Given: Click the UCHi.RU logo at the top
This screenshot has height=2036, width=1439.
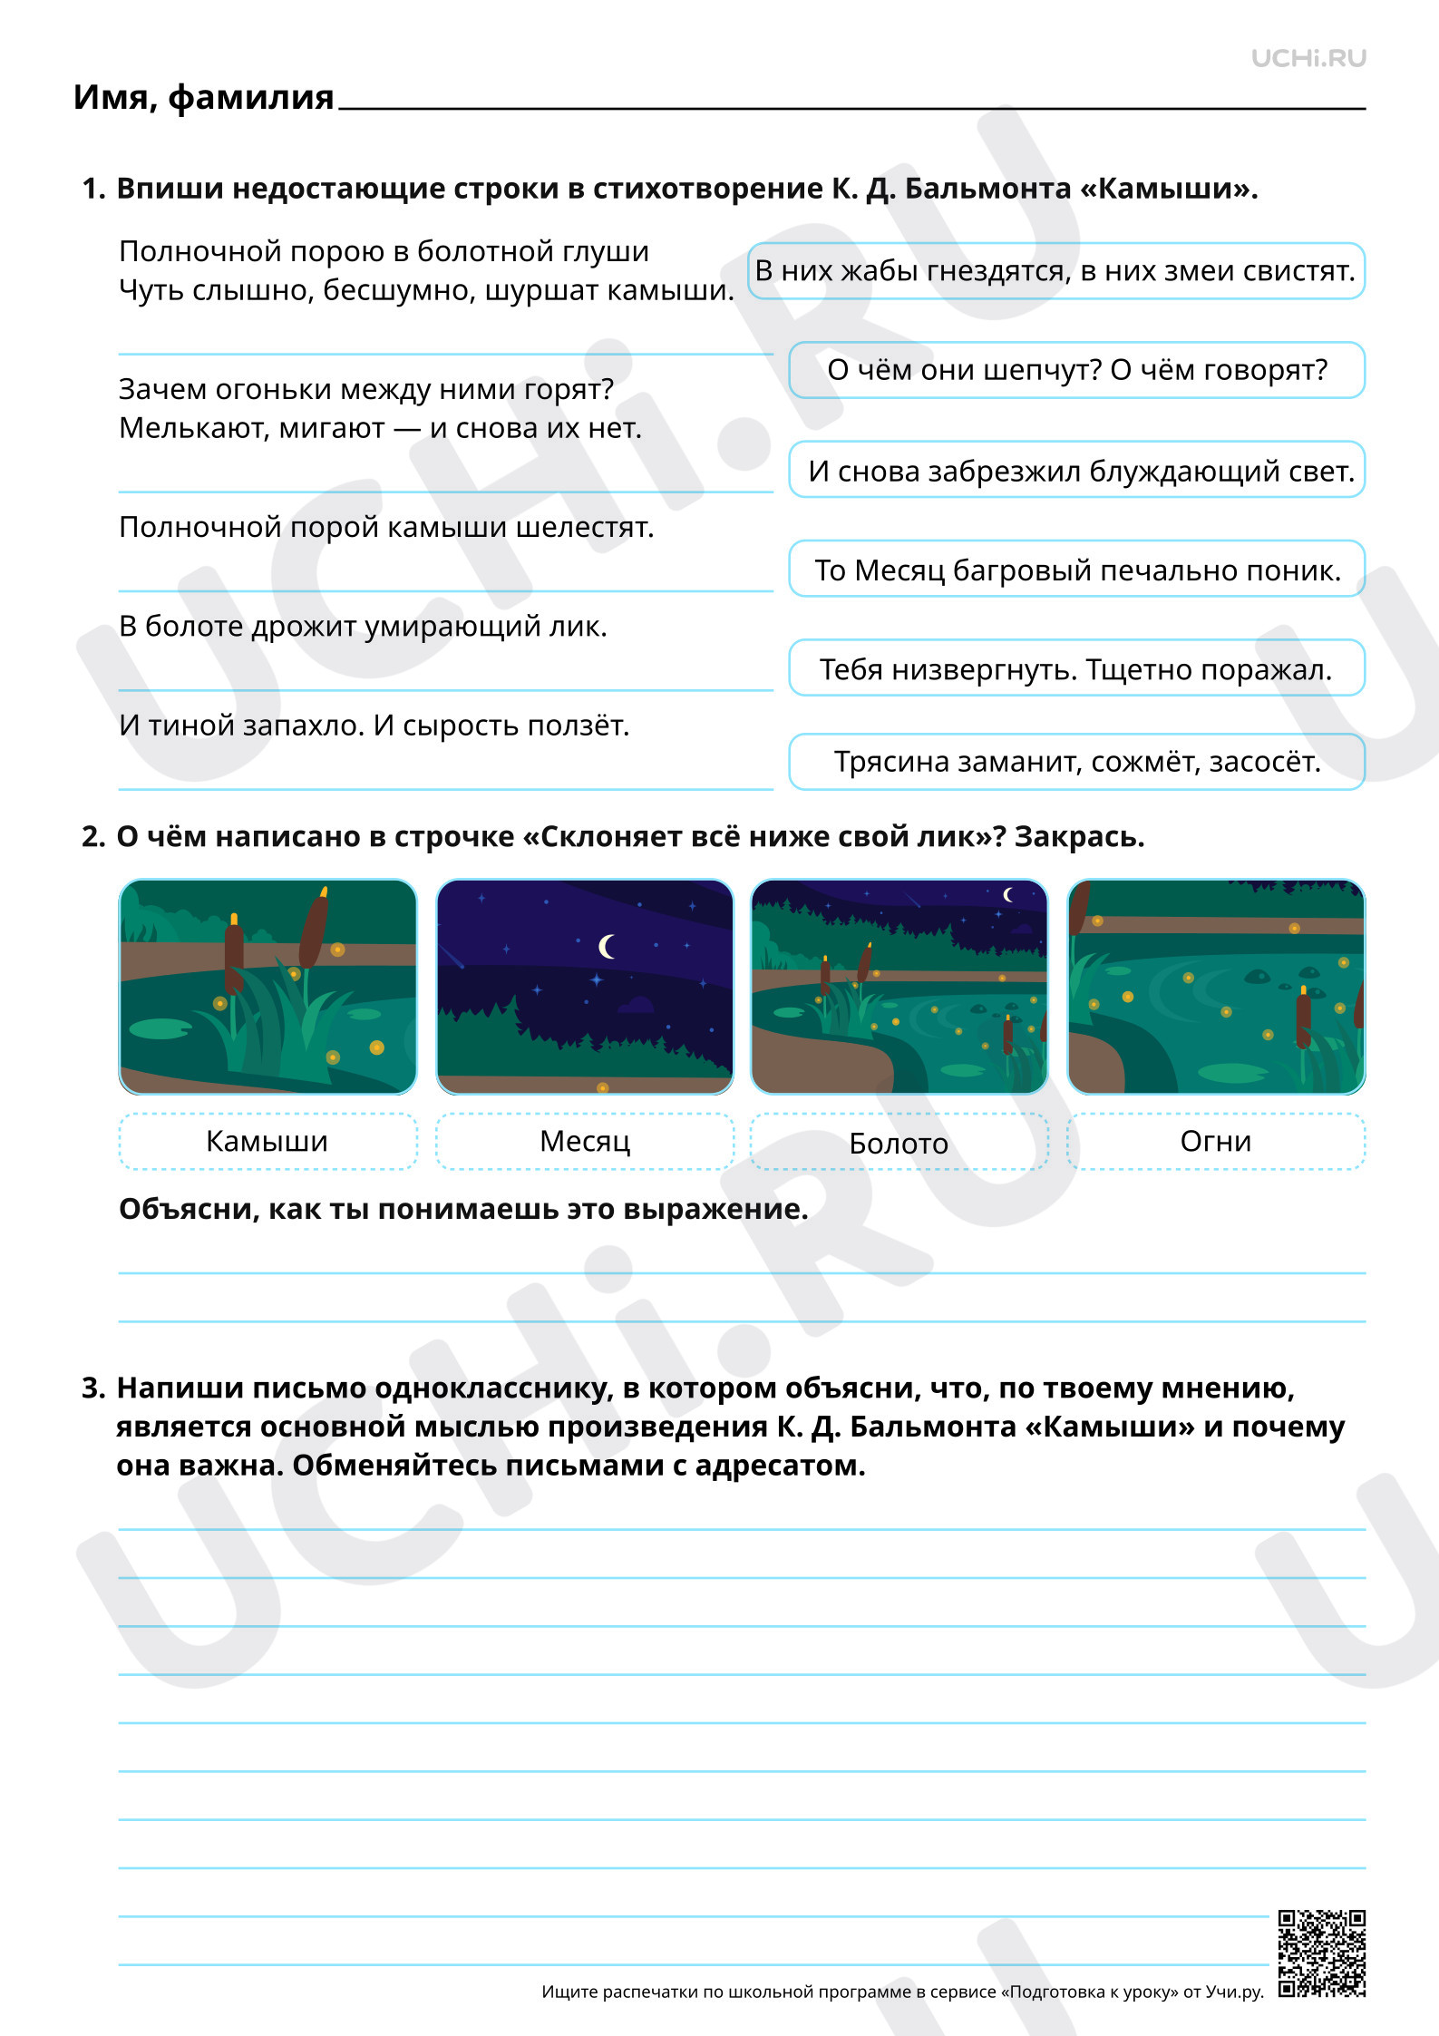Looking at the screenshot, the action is (1308, 58).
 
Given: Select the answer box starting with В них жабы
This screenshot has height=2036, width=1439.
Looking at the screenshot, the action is (1056, 270).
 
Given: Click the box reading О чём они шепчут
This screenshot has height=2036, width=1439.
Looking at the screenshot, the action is (1077, 370).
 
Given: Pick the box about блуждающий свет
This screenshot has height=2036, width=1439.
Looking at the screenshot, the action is (1077, 470).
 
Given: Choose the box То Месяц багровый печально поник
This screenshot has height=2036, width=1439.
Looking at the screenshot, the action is (1077, 569).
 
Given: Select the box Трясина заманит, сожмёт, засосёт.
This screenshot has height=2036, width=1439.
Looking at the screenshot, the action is (1077, 762).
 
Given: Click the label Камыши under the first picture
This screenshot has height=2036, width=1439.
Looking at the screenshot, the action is (267, 1141).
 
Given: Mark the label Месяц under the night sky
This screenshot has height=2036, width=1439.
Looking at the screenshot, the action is (585, 1141).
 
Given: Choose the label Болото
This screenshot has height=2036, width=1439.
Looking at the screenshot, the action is (899, 1142).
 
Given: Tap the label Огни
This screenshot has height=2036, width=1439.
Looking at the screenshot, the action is (1216, 1141).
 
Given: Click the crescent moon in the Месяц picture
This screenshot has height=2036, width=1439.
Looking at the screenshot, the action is (607, 947).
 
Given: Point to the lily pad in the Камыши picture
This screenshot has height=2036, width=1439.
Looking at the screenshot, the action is (160, 1028).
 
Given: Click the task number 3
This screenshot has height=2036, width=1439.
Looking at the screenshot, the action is (93, 1388).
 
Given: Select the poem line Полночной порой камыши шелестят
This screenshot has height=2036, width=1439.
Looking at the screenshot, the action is (386, 527).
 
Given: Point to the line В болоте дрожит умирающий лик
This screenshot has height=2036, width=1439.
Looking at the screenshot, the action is (363, 627).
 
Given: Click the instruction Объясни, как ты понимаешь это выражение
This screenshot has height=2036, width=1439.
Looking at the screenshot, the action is (463, 1209).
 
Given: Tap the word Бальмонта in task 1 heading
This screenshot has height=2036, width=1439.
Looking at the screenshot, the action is (988, 189).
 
